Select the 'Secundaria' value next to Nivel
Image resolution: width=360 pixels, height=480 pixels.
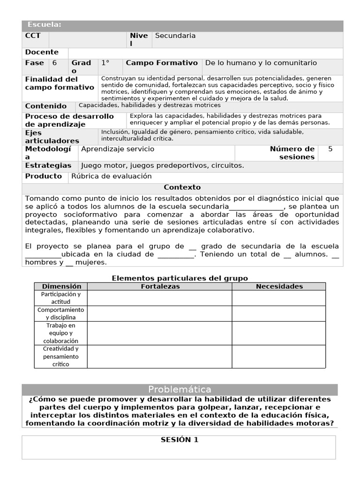coord(175,36)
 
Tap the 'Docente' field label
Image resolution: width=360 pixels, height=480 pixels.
coord(42,52)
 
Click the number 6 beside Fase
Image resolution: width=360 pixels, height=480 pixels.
coord(55,63)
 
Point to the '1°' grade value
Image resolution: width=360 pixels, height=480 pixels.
coord(105,63)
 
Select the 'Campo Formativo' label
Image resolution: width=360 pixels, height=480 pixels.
coord(162,63)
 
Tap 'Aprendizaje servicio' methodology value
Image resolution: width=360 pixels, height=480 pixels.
coord(118,149)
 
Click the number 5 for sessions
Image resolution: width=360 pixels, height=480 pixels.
coord(330,149)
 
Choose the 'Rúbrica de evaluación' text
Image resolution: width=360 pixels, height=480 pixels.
coord(112,176)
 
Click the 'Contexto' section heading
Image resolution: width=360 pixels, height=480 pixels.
coord(182,187)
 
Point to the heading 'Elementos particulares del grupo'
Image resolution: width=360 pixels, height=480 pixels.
coord(180,278)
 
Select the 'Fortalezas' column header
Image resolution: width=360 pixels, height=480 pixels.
coord(160,286)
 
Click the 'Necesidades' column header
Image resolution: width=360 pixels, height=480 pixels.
coord(279,286)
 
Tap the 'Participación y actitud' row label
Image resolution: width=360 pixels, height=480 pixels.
coord(61,298)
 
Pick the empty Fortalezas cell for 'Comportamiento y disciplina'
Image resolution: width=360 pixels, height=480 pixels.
coord(159,314)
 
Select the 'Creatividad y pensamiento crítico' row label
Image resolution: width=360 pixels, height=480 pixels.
coord(61,356)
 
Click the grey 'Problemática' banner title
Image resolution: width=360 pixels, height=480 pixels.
coord(180,390)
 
